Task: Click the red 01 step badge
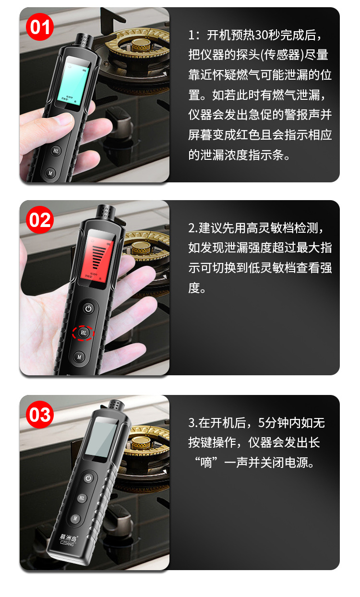point(40,26)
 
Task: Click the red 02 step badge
point(40,220)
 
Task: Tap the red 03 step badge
point(40,414)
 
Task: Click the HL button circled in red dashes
point(84,332)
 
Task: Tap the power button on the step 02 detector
point(88,308)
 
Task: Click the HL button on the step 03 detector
point(82,498)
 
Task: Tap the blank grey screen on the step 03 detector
point(105,439)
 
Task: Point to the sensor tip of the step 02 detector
point(105,212)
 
